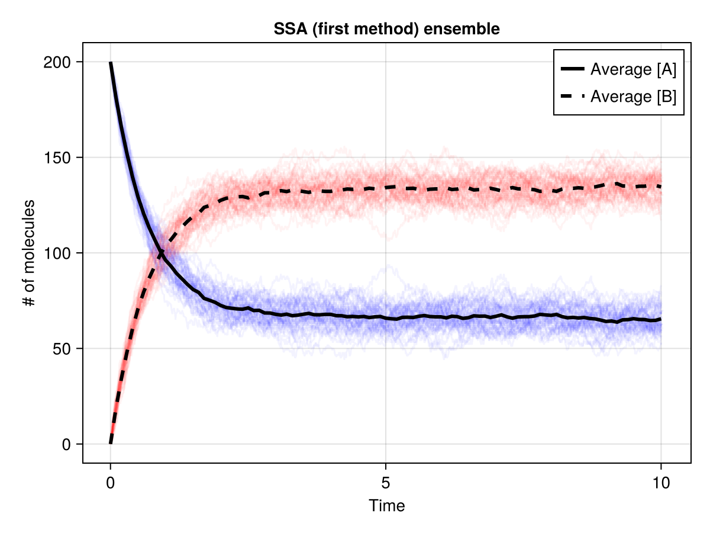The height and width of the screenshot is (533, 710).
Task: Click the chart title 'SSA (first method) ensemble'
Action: click(x=386, y=28)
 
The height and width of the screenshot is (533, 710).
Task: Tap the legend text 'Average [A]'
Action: click(x=633, y=69)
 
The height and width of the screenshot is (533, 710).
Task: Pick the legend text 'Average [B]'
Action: click(x=633, y=96)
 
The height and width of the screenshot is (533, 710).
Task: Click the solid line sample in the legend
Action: click(x=572, y=69)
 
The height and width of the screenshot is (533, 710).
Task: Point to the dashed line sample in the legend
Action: click(x=572, y=96)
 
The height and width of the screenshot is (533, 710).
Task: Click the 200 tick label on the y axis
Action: click(x=56, y=62)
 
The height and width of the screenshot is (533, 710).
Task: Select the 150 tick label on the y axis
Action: click(x=56, y=158)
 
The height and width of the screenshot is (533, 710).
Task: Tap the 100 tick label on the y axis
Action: click(x=56, y=253)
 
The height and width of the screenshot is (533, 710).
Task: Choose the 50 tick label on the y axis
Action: click(x=60, y=348)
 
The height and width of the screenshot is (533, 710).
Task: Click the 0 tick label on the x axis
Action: click(x=111, y=483)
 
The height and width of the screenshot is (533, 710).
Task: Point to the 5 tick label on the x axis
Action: click(x=386, y=483)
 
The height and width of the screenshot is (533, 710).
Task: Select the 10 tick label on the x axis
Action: click(x=661, y=483)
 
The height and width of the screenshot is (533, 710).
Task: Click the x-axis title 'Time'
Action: click(x=386, y=506)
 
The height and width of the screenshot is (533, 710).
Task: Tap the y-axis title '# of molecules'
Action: click(x=28, y=253)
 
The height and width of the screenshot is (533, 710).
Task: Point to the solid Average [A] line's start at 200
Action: click(x=111, y=63)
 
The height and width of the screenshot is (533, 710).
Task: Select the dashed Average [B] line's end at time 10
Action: click(x=660, y=187)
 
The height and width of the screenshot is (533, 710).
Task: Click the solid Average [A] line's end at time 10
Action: click(x=660, y=319)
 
